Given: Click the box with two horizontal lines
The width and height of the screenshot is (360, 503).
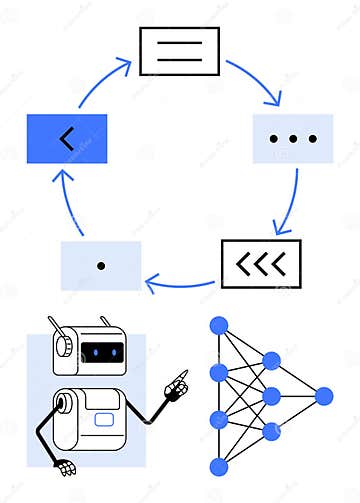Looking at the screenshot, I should point(178,51).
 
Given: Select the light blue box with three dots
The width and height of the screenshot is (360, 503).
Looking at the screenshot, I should point(292,139).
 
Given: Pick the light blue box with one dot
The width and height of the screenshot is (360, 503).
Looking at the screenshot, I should point(101,265).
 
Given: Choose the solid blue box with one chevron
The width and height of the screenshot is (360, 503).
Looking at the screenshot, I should point(66,139).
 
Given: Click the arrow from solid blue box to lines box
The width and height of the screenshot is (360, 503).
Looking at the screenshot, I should point(96,78).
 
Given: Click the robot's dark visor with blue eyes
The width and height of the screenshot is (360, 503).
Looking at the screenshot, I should point(103,352).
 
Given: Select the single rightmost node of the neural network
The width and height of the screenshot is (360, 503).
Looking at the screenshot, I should point(323,396).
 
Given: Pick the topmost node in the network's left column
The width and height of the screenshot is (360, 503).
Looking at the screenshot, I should point(219,326).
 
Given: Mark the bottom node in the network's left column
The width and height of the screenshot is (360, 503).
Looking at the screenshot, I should point(219,467).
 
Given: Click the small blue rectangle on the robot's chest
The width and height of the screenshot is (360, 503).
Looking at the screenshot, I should point(104,419).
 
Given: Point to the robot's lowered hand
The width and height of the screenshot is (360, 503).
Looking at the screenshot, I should point(65,466).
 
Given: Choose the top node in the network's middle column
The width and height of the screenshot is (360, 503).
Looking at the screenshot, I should point(271,361).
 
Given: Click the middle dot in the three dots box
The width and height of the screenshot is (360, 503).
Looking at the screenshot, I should point(292,139).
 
